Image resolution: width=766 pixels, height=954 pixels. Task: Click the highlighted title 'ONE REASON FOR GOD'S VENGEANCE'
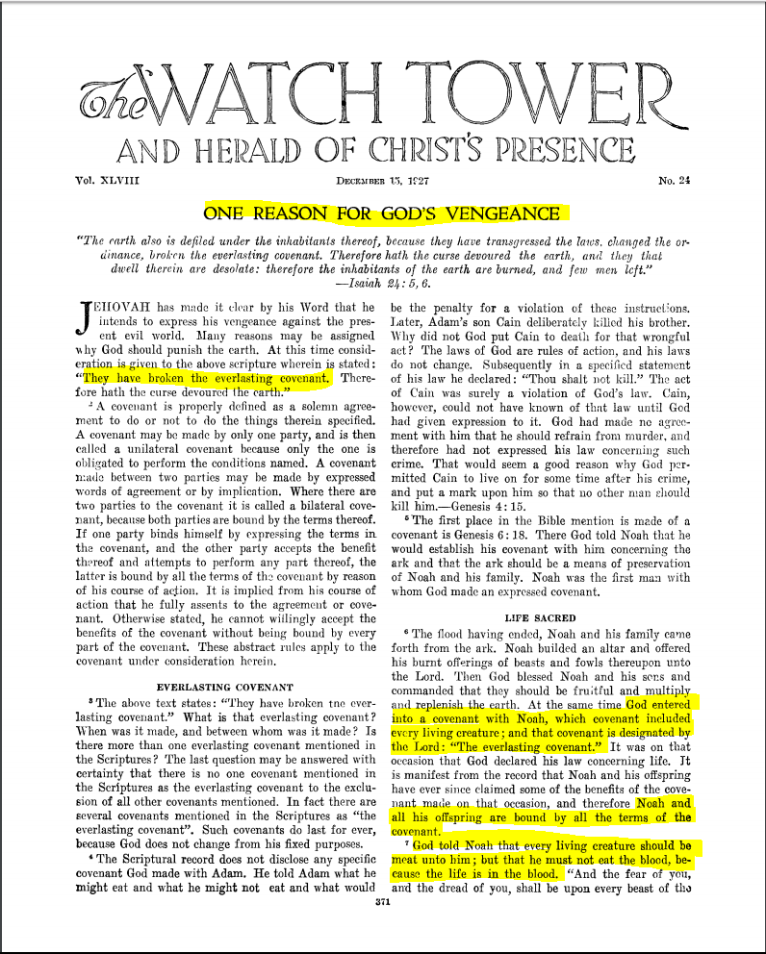click(382, 213)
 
